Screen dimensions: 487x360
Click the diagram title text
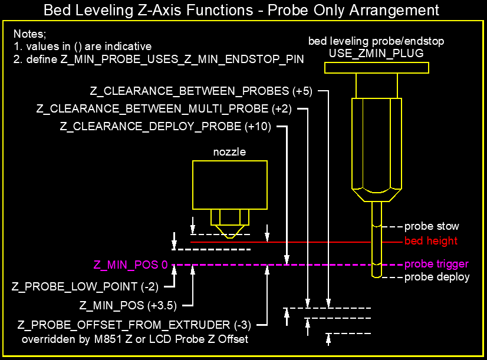(241, 10)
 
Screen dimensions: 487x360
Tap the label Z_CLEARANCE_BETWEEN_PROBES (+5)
(201, 91)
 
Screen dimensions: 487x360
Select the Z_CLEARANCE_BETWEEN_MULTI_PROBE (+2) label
(164, 109)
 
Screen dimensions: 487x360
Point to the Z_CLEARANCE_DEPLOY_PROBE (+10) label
(166, 127)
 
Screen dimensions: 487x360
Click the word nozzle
(229, 152)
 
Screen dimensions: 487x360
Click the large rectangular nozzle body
(230, 185)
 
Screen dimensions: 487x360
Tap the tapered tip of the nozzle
(230, 232)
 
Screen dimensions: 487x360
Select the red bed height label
(431, 241)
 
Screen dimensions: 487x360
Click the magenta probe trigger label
(436, 264)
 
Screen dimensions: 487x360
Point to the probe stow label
(432, 226)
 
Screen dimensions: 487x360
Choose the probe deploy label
(437, 277)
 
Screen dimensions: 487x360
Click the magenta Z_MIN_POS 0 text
(130, 265)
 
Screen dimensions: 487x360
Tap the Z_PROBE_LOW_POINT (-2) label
(85, 286)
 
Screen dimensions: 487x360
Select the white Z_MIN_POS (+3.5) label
(128, 305)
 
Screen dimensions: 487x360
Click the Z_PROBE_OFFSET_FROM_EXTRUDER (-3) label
(134, 325)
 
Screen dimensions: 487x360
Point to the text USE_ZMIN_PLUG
(376, 54)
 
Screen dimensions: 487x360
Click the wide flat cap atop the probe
(377, 68)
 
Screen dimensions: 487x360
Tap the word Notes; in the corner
(30, 34)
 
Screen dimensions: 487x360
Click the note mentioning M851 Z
(135, 339)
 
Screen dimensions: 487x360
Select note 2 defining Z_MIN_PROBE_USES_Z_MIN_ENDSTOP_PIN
(159, 60)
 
